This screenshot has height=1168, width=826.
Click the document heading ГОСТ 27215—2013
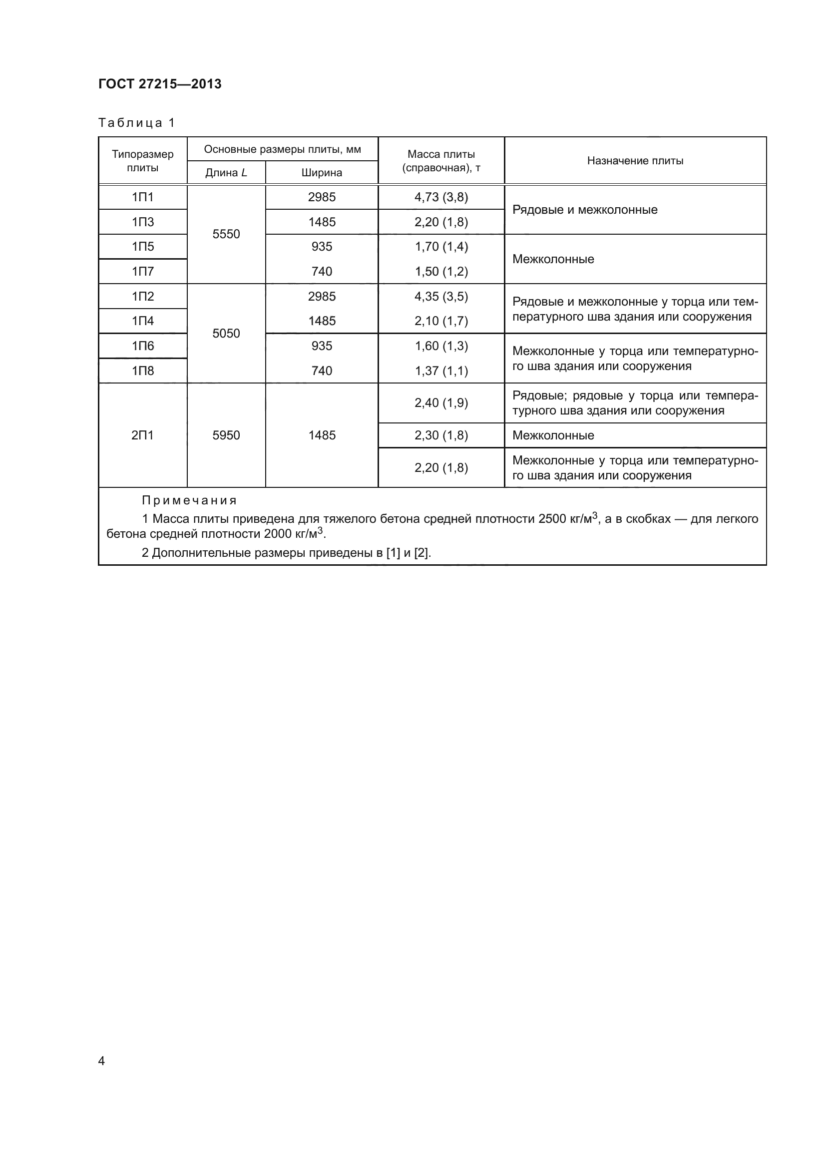(160, 84)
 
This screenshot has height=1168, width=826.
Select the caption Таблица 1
(136, 123)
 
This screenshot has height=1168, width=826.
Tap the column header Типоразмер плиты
(142, 161)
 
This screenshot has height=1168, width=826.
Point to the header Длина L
(226, 173)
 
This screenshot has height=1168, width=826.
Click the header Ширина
(322, 173)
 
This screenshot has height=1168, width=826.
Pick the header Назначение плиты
(635, 161)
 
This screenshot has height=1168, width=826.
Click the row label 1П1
(142, 197)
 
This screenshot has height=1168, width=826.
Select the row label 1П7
(142, 272)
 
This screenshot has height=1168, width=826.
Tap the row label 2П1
(142, 435)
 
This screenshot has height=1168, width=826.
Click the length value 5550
(226, 234)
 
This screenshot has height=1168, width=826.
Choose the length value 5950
(226, 435)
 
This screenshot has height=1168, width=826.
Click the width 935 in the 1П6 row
(322, 346)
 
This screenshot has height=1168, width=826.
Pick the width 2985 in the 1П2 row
(322, 297)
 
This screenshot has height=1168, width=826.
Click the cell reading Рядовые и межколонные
(584, 210)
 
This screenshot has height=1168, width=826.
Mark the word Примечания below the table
(189, 500)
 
